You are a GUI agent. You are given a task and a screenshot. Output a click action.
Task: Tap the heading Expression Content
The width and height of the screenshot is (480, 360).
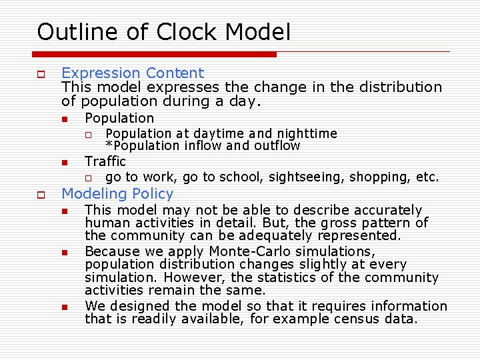[x=132, y=73]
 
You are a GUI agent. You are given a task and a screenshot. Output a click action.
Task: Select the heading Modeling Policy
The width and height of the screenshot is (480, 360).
[x=117, y=194]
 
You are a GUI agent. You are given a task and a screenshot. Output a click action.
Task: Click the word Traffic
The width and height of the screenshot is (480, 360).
[x=105, y=161]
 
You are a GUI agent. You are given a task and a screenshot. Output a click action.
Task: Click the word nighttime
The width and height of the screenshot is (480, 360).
[x=305, y=134]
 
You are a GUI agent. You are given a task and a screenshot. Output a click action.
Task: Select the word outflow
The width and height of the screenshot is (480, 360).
[x=275, y=145]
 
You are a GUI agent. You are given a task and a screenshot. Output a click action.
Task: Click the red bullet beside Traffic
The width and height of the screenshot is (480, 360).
[x=64, y=163]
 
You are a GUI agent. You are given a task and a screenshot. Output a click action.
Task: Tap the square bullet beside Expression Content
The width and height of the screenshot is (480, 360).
[x=41, y=74]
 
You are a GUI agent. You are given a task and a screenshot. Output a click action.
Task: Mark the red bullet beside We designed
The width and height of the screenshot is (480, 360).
[x=64, y=307]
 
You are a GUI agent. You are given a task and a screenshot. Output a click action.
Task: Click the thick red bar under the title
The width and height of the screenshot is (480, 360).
[x=156, y=54]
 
